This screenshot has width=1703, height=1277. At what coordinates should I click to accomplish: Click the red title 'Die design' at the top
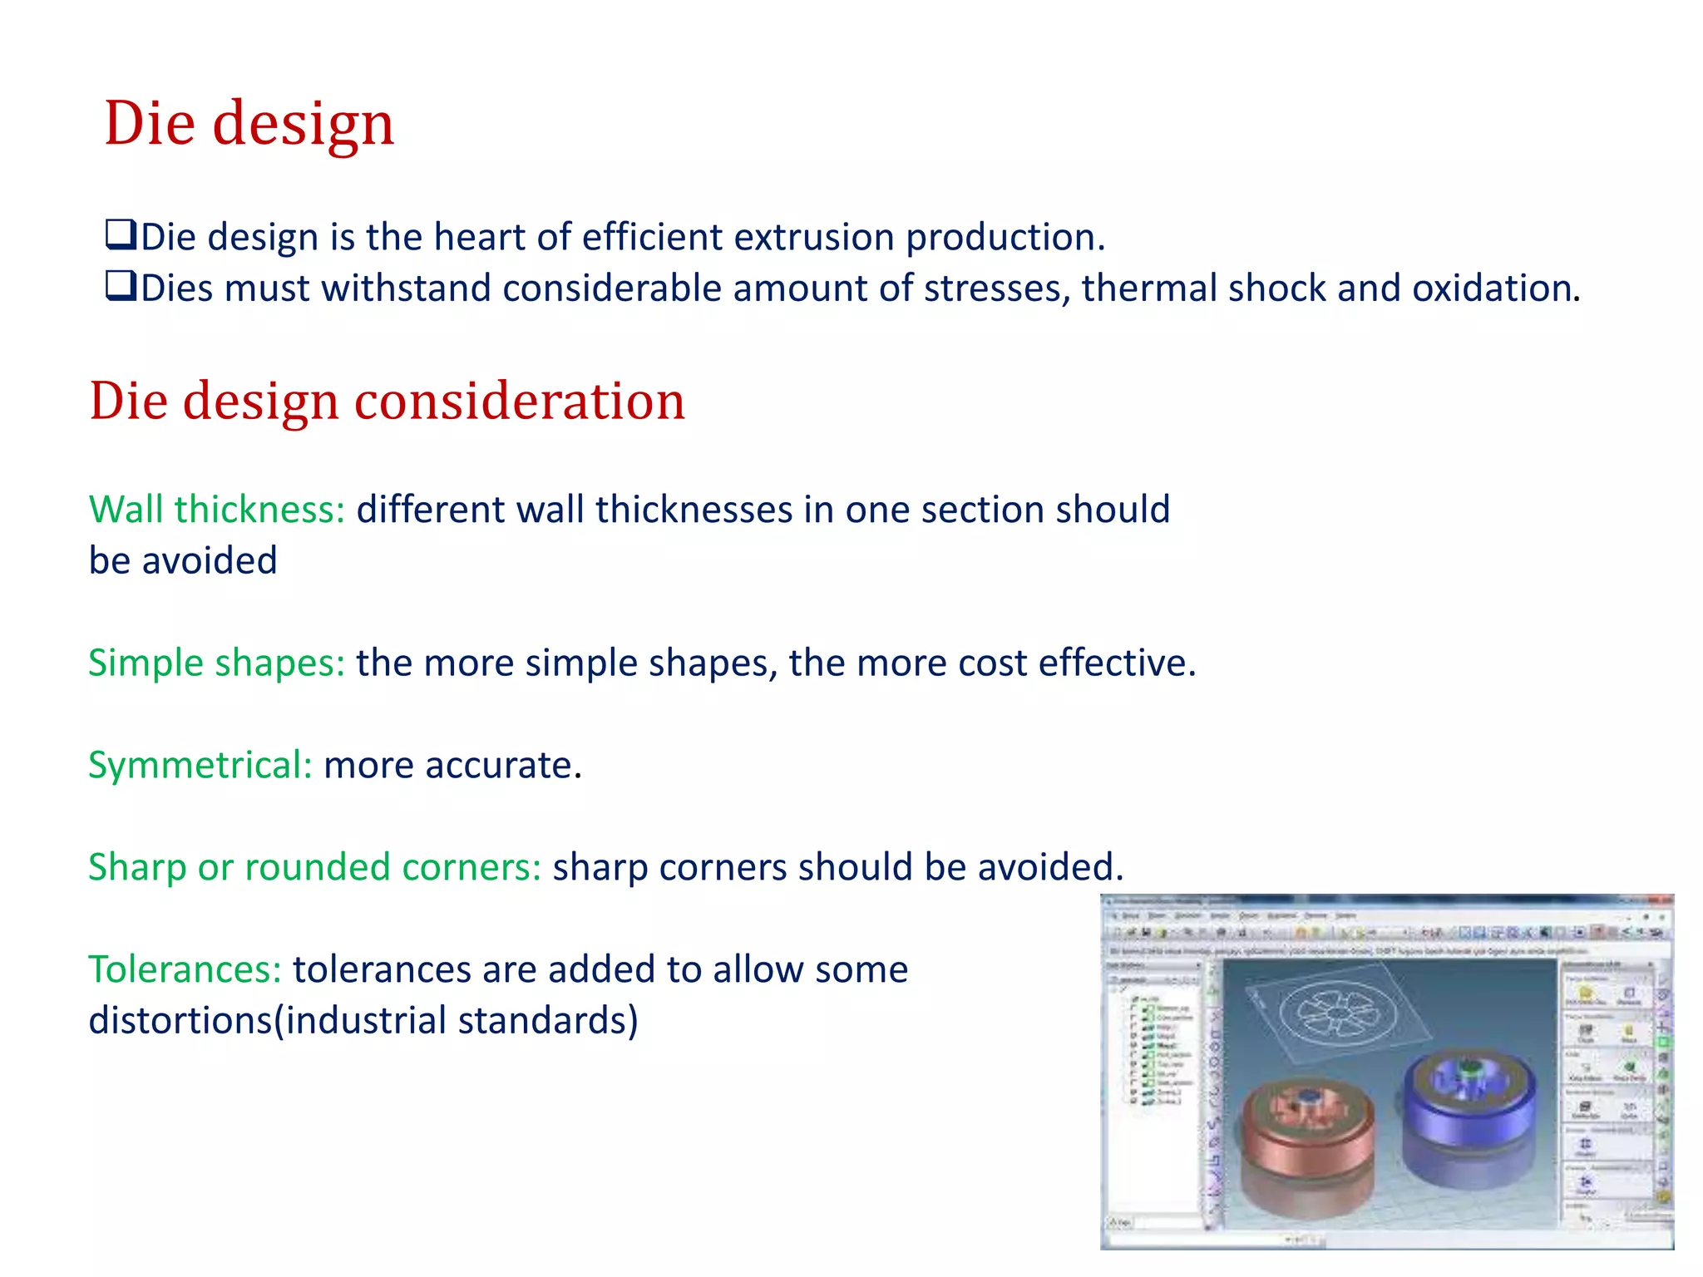(x=249, y=123)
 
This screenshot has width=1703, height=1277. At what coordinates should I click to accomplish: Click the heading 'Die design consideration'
(x=387, y=401)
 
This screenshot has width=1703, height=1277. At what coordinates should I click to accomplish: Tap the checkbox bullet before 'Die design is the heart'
(x=121, y=234)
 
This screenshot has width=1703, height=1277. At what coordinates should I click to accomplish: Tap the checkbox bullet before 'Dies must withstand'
(x=121, y=286)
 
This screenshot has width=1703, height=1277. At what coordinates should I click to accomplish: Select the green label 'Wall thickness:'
(x=216, y=510)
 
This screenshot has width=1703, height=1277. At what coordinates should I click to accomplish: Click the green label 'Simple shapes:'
(x=216, y=663)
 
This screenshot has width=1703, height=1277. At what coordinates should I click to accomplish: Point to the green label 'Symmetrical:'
(x=200, y=766)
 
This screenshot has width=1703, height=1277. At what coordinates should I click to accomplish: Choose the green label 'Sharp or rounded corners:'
(x=314, y=868)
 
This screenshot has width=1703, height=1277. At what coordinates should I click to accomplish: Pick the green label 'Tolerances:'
(x=185, y=970)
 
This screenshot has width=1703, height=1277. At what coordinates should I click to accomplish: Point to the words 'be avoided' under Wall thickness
(x=183, y=561)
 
